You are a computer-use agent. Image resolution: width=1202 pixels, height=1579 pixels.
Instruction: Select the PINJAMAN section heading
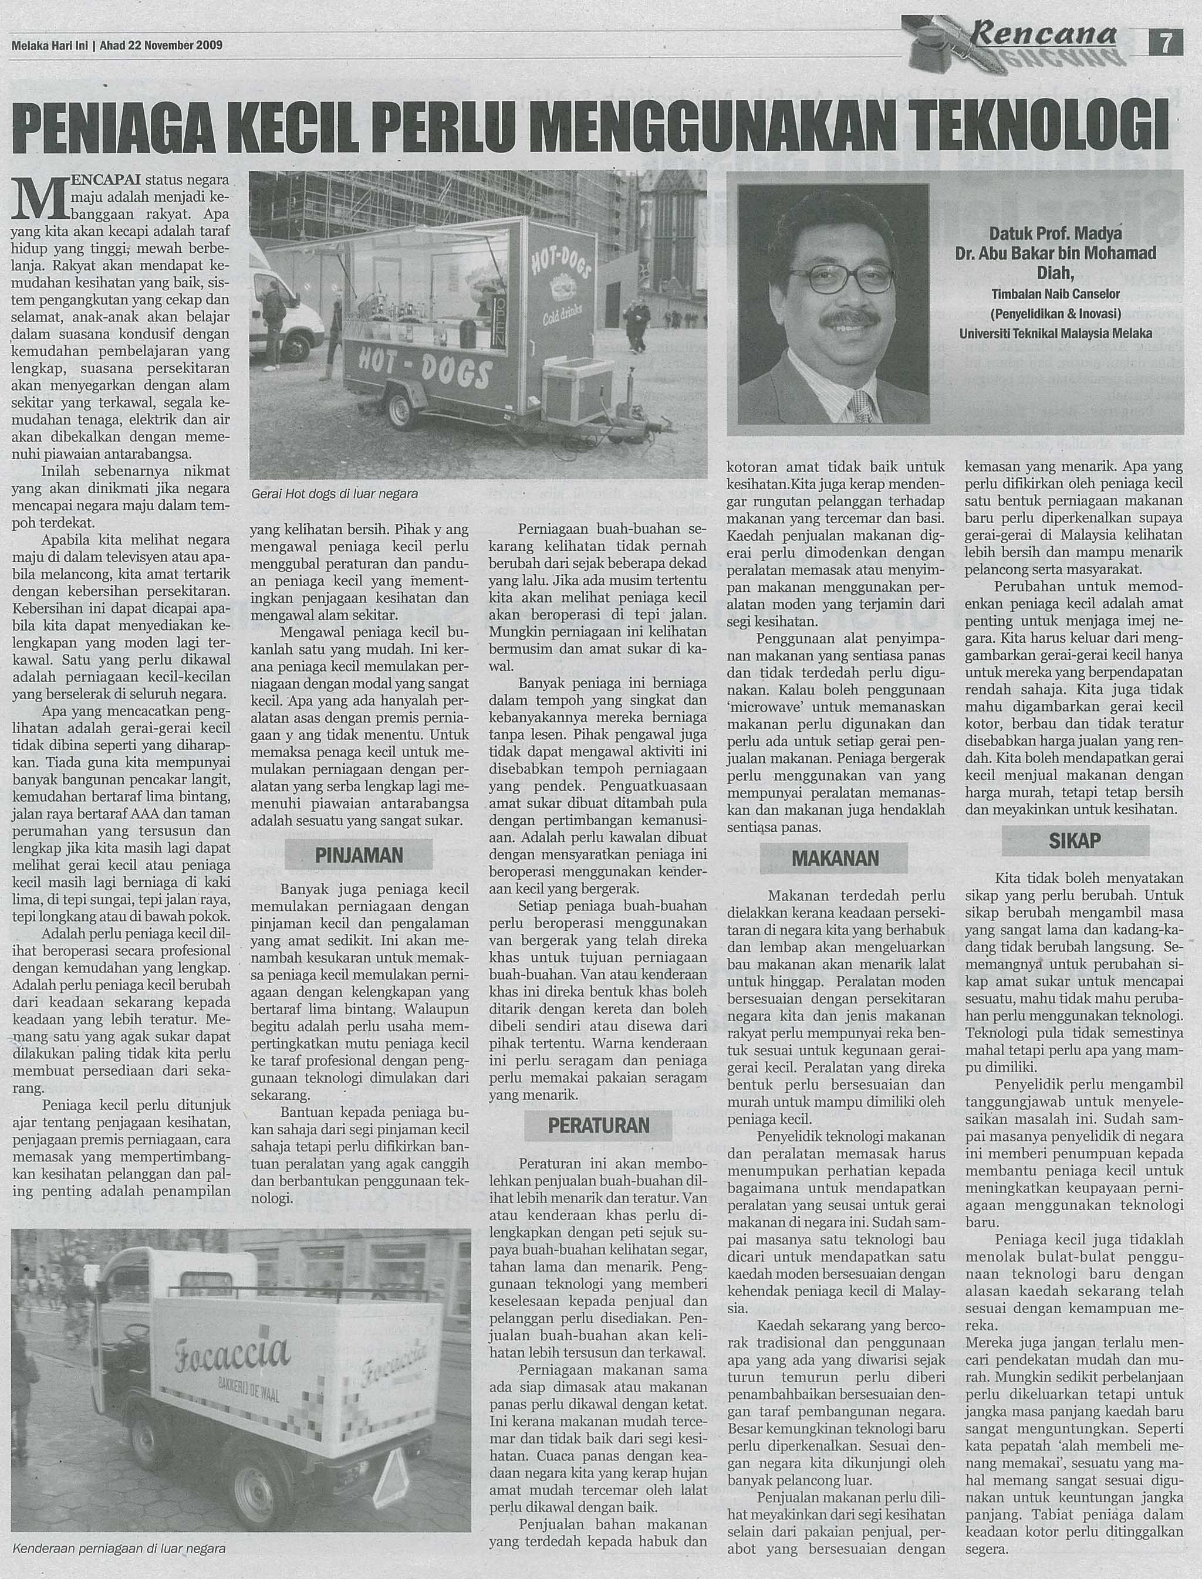359,855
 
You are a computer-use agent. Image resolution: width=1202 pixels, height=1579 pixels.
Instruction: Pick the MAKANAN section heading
833,858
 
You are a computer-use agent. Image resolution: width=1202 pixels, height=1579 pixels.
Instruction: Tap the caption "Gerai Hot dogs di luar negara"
335,493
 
